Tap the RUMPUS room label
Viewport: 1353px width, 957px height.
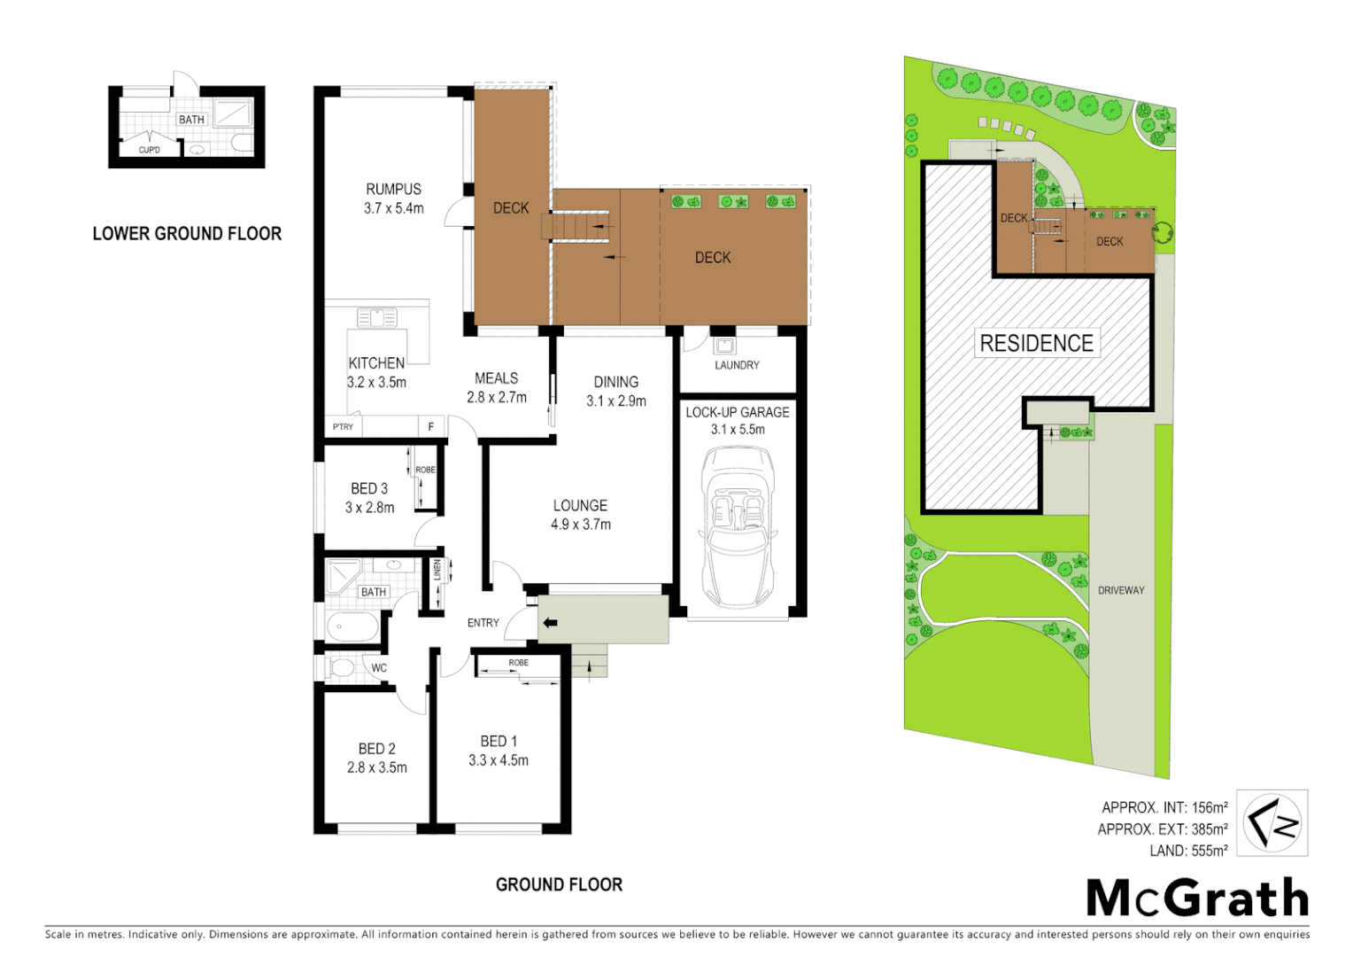coord(393,190)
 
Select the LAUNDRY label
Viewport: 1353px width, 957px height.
coord(737,365)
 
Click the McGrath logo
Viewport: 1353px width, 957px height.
coord(1197,899)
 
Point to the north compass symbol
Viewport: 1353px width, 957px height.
coord(1272,823)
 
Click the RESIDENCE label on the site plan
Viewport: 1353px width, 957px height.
coord(1036,344)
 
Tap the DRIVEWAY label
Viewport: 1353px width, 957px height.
coord(1121,590)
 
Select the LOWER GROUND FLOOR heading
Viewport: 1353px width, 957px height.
coord(187,234)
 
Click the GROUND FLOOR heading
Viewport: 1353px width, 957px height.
coord(559,884)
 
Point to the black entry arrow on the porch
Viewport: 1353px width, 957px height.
coord(550,623)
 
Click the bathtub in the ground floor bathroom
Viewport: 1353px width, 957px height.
coord(352,627)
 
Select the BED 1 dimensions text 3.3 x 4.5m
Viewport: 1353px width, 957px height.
coord(499,760)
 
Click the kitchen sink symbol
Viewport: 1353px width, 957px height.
coord(377,317)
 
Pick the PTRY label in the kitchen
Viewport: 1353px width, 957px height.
coord(343,427)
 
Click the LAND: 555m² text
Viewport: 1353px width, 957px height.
coord(1188,851)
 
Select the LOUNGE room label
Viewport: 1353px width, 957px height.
coord(580,506)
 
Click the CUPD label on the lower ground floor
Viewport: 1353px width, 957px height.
coord(150,150)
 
